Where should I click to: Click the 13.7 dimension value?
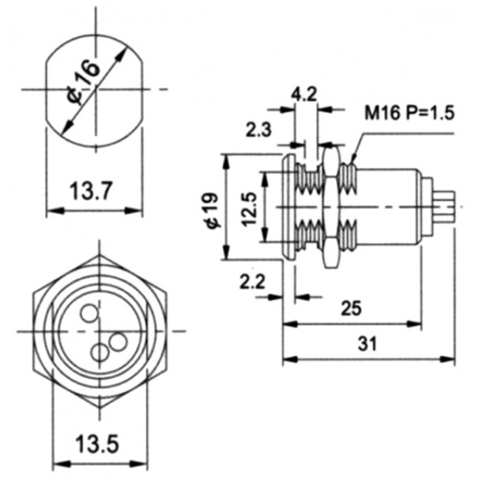coord(92,192)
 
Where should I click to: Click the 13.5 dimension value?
coord(97,445)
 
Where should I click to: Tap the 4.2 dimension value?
coord(304,95)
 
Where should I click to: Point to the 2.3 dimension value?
coord(258,131)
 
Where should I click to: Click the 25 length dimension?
coord(351,308)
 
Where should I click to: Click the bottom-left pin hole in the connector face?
coord(99,352)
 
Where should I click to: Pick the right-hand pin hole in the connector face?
coord(117,342)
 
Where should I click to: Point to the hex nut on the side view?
coord(329,208)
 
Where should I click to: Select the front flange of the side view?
coord(287,208)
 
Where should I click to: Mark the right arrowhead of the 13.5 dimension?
coord(142,464)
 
